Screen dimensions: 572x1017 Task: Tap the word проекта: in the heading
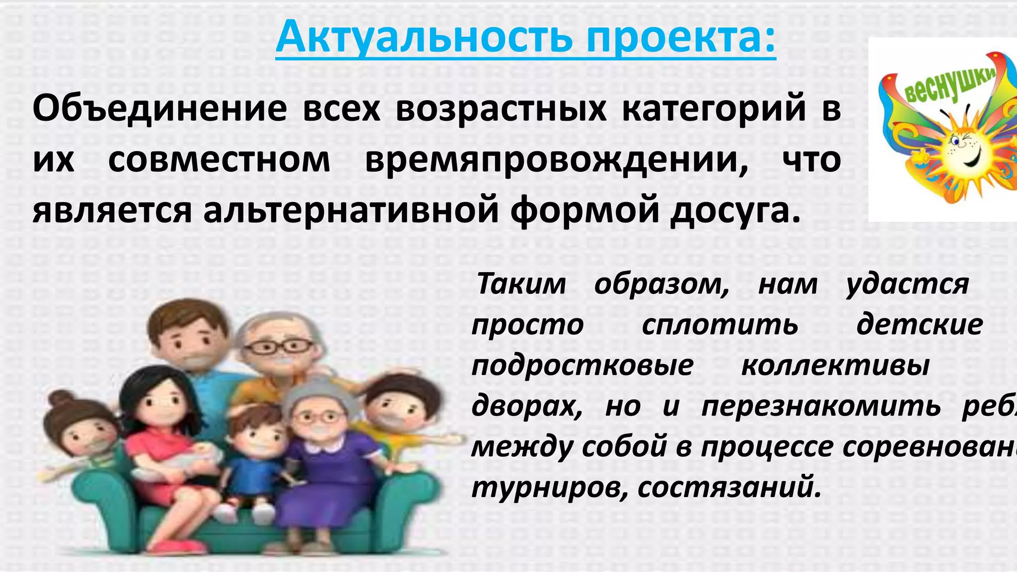pyautogui.click(x=680, y=38)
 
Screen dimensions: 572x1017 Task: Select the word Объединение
pyautogui.click(x=159, y=108)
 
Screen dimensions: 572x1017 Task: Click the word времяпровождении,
pyautogui.click(x=556, y=160)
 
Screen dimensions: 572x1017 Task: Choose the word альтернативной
pyautogui.click(x=351, y=211)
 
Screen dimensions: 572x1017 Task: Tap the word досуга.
pyautogui.click(x=735, y=211)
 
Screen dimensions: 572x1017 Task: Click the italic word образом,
pyautogui.click(x=661, y=284)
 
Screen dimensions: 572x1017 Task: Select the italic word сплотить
pyautogui.click(x=720, y=325)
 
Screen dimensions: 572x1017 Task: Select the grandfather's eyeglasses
pyautogui.click(x=278, y=346)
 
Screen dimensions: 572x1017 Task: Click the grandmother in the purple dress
pyautogui.click(x=323, y=447)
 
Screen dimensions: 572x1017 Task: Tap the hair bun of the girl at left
pyautogui.click(x=60, y=400)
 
